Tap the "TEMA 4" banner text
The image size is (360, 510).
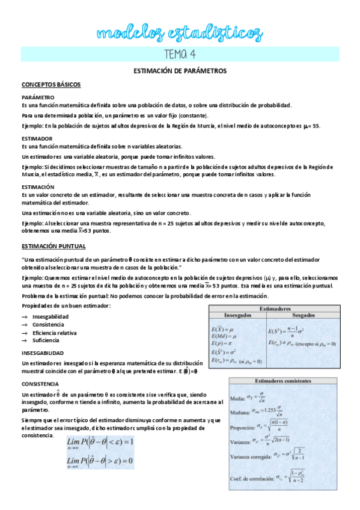click(x=180, y=54)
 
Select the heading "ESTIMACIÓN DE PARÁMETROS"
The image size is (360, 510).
click(x=180, y=71)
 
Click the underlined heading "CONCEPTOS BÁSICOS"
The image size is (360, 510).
click(x=51, y=85)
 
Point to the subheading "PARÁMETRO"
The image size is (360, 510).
click(x=38, y=97)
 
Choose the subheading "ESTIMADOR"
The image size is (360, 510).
click(x=37, y=138)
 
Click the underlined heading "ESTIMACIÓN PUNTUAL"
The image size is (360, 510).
click(x=53, y=246)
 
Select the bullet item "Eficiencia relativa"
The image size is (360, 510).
click(x=55, y=332)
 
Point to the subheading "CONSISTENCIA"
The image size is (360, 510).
click(x=41, y=383)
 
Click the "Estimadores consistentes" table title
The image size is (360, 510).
click(x=282, y=381)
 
